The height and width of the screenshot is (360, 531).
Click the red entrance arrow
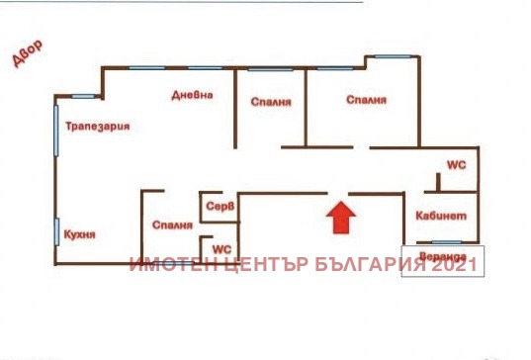tap(339, 218)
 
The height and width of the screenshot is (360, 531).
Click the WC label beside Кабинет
tap(456, 164)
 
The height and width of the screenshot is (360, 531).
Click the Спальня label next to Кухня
tap(172, 225)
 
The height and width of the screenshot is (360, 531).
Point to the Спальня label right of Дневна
tap(269, 101)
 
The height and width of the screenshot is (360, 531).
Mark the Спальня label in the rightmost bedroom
tap(365, 100)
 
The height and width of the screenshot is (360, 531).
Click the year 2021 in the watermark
tap(457, 265)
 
